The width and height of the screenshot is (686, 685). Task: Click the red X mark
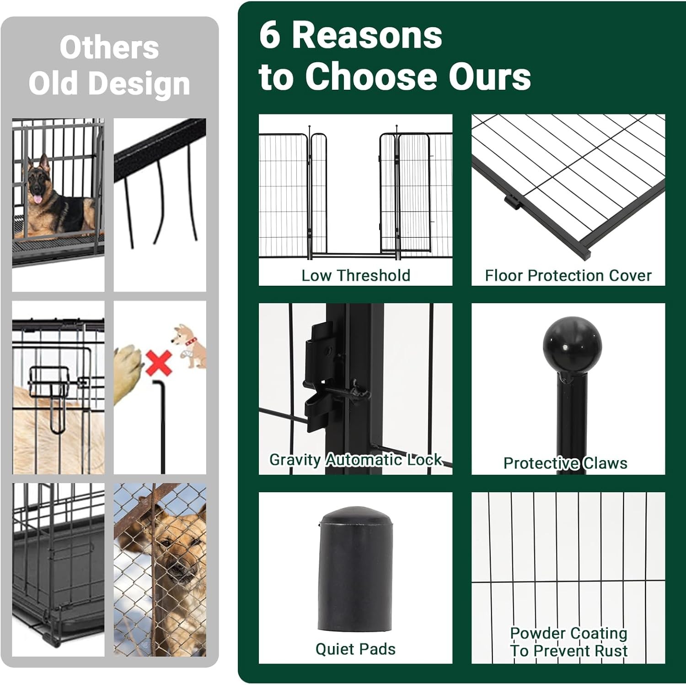click(x=158, y=364)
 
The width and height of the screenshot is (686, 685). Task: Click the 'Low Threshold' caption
click(x=355, y=276)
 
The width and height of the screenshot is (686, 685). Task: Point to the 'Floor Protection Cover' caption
click(x=568, y=276)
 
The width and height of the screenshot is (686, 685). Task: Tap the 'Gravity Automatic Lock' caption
click(x=355, y=460)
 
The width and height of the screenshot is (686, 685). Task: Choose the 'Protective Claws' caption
click(x=565, y=463)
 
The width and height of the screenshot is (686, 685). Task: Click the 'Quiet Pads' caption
click(x=355, y=649)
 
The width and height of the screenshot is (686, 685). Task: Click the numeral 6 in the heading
click(x=269, y=35)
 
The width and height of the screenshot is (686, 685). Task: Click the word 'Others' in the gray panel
click(x=109, y=48)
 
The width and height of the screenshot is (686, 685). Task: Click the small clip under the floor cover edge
click(x=513, y=201)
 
